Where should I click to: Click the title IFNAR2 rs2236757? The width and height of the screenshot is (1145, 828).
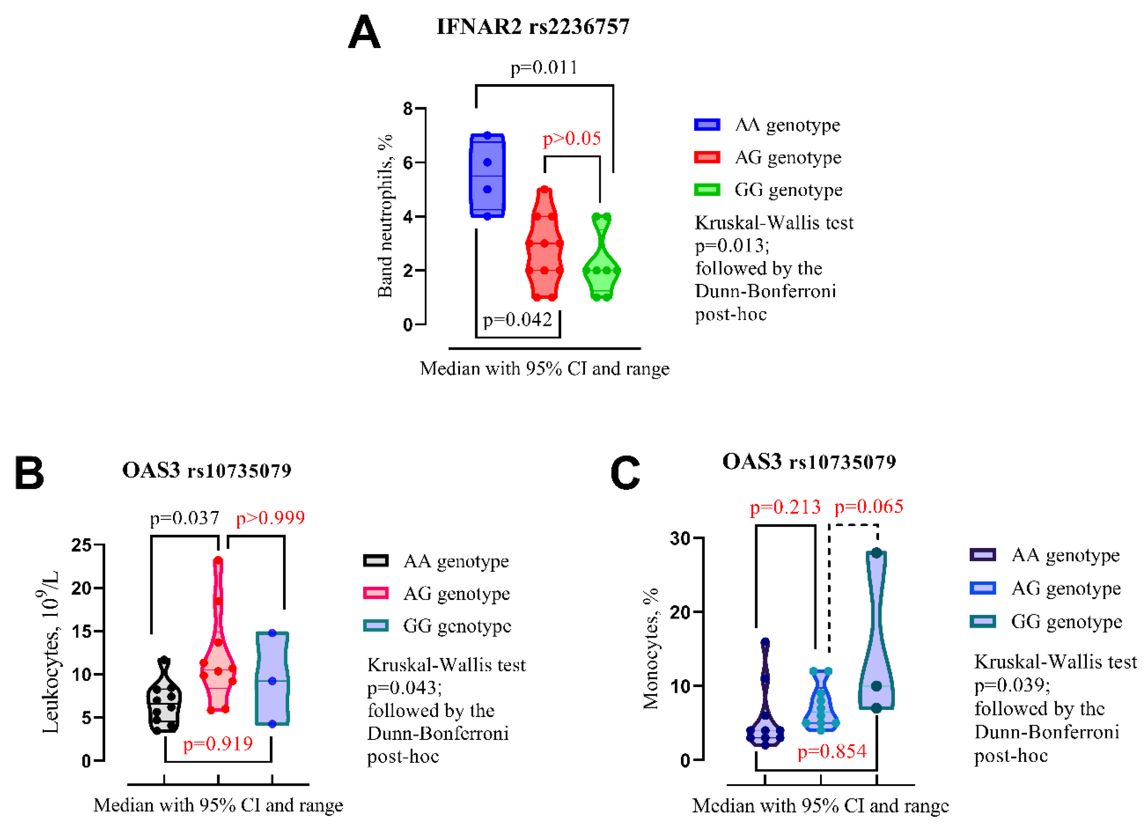point(533,27)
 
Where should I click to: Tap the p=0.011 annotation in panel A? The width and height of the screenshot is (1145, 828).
point(544,67)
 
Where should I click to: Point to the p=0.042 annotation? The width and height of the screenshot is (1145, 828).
point(517,319)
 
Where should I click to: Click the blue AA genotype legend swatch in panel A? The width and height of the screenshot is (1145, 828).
point(707,125)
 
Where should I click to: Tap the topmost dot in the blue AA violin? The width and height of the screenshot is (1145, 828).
point(487,135)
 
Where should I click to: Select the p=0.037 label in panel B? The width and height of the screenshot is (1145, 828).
point(185,518)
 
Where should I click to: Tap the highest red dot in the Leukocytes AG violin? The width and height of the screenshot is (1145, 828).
point(218,560)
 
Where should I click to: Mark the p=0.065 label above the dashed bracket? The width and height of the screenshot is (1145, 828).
point(869,506)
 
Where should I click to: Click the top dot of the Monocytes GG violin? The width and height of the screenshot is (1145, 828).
point(877,553)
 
